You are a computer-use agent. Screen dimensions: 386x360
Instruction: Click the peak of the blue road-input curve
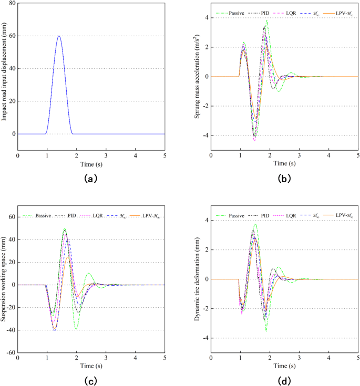[59, 36]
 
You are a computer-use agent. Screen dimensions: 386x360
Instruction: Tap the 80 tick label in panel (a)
[11, 4]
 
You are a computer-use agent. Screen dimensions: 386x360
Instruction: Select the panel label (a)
[91, 179]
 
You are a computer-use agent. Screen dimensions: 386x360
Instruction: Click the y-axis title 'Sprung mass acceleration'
[198, 77]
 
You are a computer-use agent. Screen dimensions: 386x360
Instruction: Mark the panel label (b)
[284, 179]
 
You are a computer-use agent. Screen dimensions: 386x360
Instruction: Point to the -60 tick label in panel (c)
[10, 353]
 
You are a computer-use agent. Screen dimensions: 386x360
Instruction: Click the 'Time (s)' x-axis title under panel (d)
[284, 366]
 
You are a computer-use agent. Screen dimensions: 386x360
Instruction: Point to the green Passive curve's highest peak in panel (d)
[255, 224]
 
